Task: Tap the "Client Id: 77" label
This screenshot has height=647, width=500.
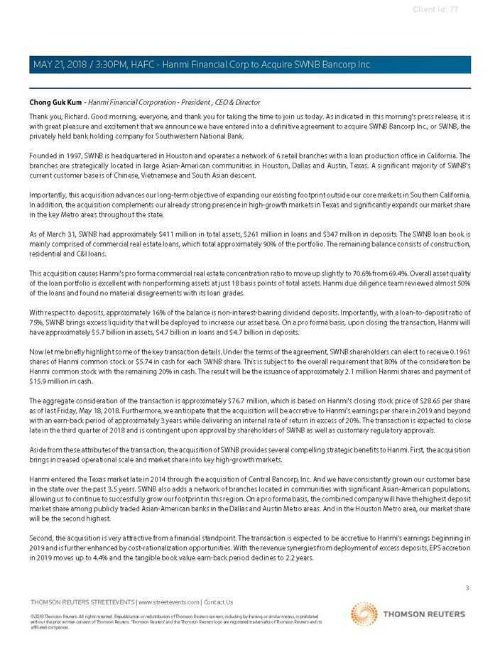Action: [x=435, y=9]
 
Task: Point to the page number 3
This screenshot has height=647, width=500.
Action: [x=467, y=587]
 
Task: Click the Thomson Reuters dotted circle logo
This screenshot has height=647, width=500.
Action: [x=364, y=614]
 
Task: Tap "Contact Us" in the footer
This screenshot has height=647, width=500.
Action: [x=218, y=602]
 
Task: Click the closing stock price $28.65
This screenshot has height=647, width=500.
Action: [x=418, y=400]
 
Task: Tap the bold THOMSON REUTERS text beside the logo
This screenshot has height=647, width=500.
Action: [x=424, y=614]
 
